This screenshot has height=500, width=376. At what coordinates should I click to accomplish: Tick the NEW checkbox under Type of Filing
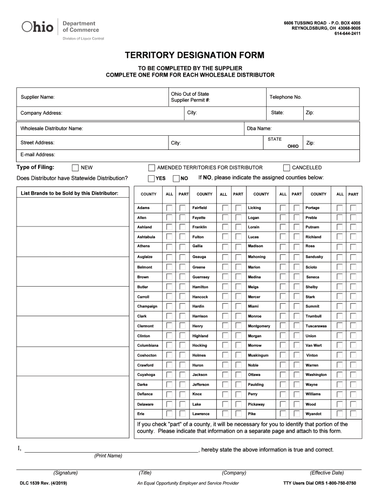tap(75, 167)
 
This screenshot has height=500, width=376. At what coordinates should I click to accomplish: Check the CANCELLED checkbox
tap(287, 167)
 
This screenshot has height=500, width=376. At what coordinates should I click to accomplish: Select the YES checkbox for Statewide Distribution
tap(151, 178)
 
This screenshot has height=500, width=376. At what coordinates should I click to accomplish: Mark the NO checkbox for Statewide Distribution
tap(176, 178)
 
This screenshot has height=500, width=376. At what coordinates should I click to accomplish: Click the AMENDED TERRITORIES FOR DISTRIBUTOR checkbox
tap(151, 167)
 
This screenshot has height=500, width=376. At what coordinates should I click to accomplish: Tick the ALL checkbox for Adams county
tap(169, 208)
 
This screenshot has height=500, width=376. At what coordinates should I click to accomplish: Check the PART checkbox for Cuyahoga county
tap(183, 375)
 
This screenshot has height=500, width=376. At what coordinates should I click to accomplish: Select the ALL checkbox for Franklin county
tap(225, 227)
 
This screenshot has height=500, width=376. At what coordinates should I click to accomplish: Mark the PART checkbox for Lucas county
tap(296, 237)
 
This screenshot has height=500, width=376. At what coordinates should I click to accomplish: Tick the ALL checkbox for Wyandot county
tap(340, 414)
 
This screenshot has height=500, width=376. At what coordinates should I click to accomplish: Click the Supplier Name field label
tap(37, 97)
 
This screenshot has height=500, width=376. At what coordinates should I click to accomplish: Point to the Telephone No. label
tap(286, 97)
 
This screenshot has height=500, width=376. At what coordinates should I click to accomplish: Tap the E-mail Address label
tap(38, 155)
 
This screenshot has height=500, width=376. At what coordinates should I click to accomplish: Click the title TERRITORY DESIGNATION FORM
tap(188, 56)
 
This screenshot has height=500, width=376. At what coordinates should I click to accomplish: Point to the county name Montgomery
tap(259, 326)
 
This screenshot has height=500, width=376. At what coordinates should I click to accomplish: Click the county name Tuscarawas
tap(316, 326)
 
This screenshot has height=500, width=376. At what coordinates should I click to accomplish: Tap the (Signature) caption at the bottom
tap(65, 473)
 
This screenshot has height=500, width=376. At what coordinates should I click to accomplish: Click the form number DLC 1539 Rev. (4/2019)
tap(43, 483)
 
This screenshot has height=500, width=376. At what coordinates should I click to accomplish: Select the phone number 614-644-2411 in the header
tap(347, 34)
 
